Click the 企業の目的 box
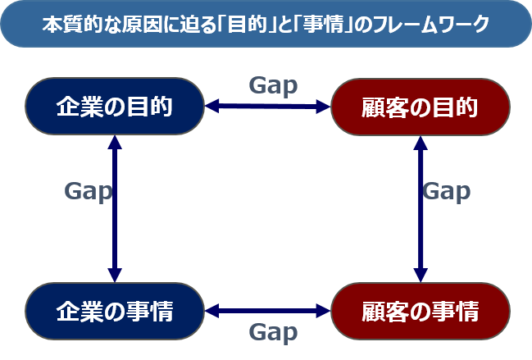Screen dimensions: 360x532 [x=115, y=107]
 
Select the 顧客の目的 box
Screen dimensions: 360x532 [x=421, y=107]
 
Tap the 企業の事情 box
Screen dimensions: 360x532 [x=115, y=312]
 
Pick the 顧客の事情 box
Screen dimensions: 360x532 [x=421, y=312]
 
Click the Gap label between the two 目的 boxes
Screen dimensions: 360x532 [x=272, y=86]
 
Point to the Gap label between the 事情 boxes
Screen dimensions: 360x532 [x=272, y=332]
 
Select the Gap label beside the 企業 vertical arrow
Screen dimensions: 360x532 [x=88, y=191]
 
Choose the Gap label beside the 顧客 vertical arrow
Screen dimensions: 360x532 [x=446, y=191]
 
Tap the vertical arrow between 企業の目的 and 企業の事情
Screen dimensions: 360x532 [x=116, y=209]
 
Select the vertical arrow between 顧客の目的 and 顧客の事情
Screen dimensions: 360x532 [x=421, y=209]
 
